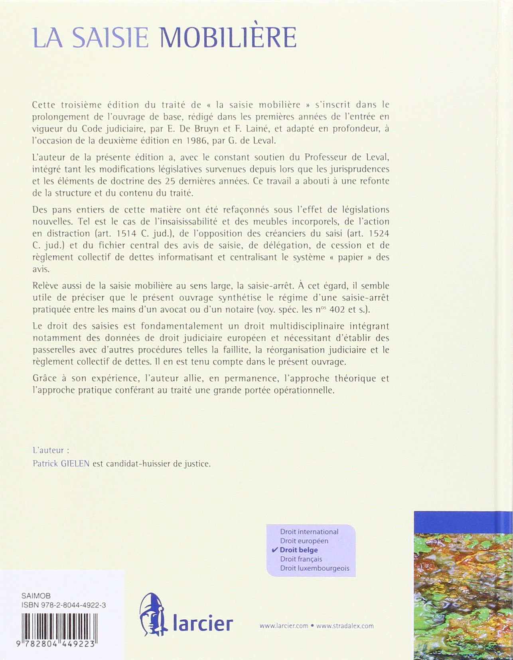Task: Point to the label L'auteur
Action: click(48, 450)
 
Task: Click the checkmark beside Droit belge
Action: click(274, 550)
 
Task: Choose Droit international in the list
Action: click(309, 532)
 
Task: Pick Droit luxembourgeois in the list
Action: click(314, 568)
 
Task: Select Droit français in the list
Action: click(301, 559)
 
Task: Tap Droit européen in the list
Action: click(304, 541)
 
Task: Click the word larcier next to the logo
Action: click(202, 623)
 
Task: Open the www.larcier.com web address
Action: click(284, 626)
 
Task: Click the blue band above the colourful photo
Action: click(463, 525)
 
